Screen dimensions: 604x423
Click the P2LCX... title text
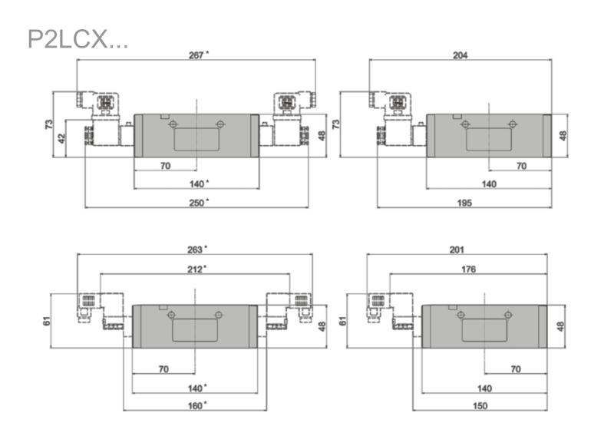pyautogui.click(x=78, y=39)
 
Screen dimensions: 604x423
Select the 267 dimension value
pyautogui.click(x=196, y=55)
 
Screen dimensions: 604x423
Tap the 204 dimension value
pyautogui.click(x=460, y=55)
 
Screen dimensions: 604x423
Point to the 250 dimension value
pyautogui.click(x=196, y=203)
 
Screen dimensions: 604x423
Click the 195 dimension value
pyautogui.click(x=464, y=203)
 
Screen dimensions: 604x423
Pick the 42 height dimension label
pyautogui.click(x=61, y=139)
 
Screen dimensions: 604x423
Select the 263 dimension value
pyautogui.click(x=194, y=250)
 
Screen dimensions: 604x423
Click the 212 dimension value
pyautogui.click(x=194, y=269)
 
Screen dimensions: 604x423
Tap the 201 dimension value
pyautogui.click(x=457, y=250)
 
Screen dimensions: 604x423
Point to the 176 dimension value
pyautogui.click(x=468, y=269)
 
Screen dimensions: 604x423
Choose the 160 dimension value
pyautogui.click(x=195, y=405)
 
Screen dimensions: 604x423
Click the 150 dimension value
pyautogui.click(x=480, y=405)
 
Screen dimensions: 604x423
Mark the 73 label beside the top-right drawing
pyautogui.click(x=336, y=124)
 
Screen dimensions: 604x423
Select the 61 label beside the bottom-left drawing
pyautogui.click(x=46, y=321)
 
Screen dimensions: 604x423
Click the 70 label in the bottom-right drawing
pyautogui.click(x=516, y=369)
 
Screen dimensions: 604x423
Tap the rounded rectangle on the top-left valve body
pyautogui.click(x=196, y=140)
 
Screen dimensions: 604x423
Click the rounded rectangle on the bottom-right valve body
pyautogui.click(x=484, y=330)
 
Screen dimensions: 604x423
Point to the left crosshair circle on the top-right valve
pyautogui.click(x=465, y=124)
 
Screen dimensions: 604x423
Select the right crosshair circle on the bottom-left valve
pyautogui.click(x=219, y=315)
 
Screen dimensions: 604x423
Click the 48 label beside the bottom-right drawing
pyautogui.click(x=560, y=326)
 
